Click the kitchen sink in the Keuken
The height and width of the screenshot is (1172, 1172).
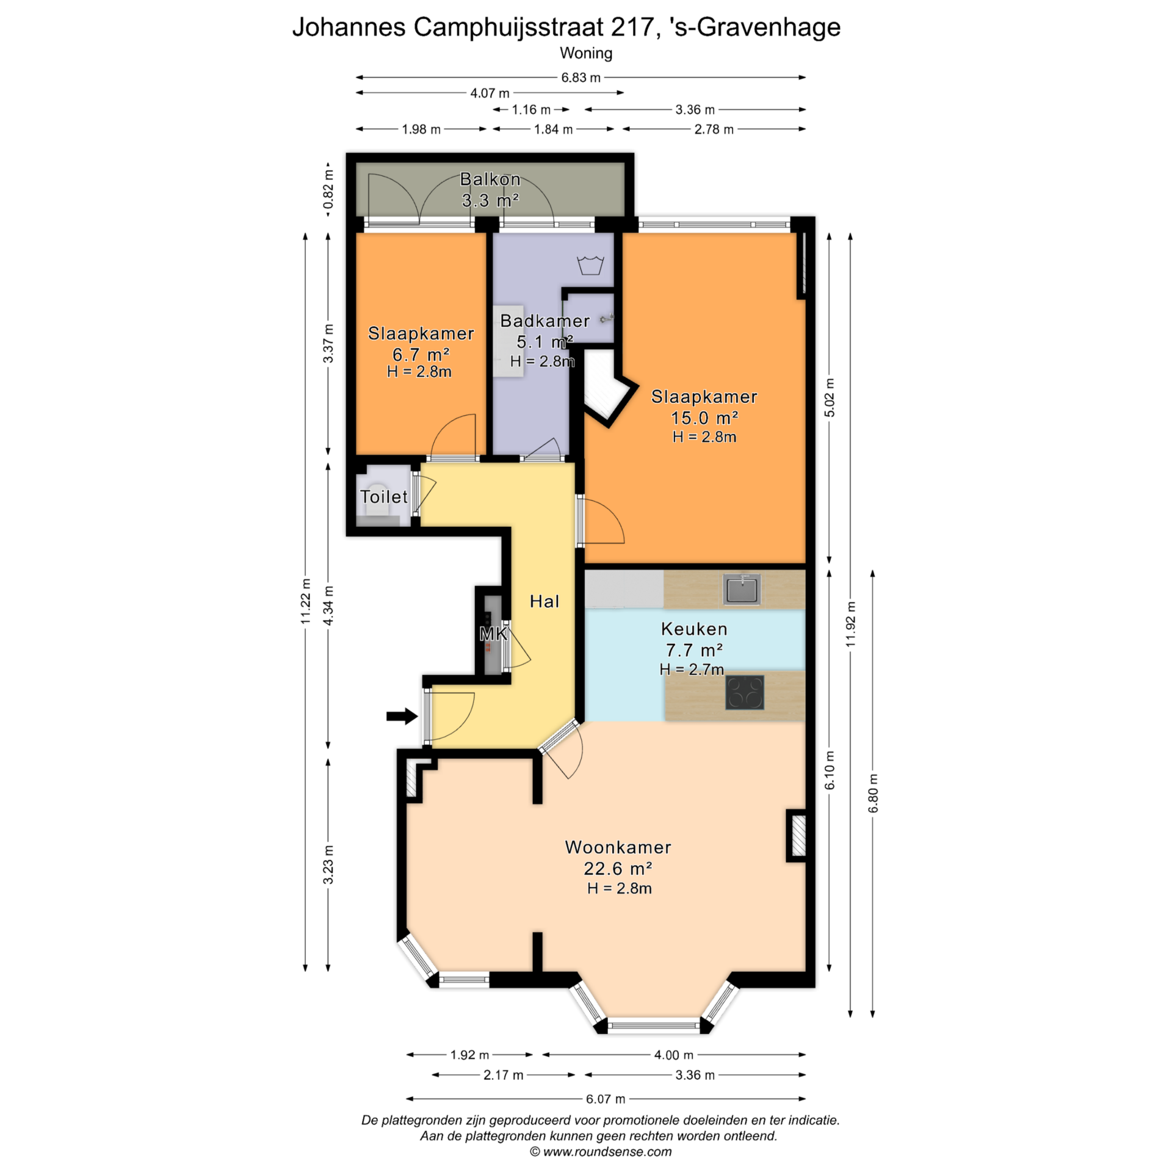coord(742,589)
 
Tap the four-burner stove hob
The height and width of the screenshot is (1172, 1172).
coord(744,692)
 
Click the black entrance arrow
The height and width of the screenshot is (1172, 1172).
coord(402,716)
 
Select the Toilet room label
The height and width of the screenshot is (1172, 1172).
coord(383,496)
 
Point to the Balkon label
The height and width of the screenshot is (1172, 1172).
coord(490,179)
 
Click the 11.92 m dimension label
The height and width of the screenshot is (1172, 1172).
coord(851,624)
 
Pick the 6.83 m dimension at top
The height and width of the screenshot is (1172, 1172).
coord(581,78)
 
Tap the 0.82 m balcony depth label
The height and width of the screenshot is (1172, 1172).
coord(328,192)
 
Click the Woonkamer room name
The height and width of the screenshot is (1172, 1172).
coord(618,847)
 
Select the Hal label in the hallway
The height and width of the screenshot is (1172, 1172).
coord(544,601)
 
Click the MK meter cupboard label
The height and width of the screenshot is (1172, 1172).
coord(493,634)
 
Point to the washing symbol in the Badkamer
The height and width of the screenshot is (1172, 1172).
coord(590,265)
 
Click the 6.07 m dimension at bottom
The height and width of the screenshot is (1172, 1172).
coord(606,1099)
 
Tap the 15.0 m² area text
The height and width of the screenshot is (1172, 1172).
coord(704,418)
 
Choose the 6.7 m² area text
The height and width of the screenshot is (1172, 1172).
coord(421,354)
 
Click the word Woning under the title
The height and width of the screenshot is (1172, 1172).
coord(586,53)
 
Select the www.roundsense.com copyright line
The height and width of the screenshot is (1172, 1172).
coord(601,1151)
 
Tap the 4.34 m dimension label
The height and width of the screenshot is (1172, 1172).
coord(328,605)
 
